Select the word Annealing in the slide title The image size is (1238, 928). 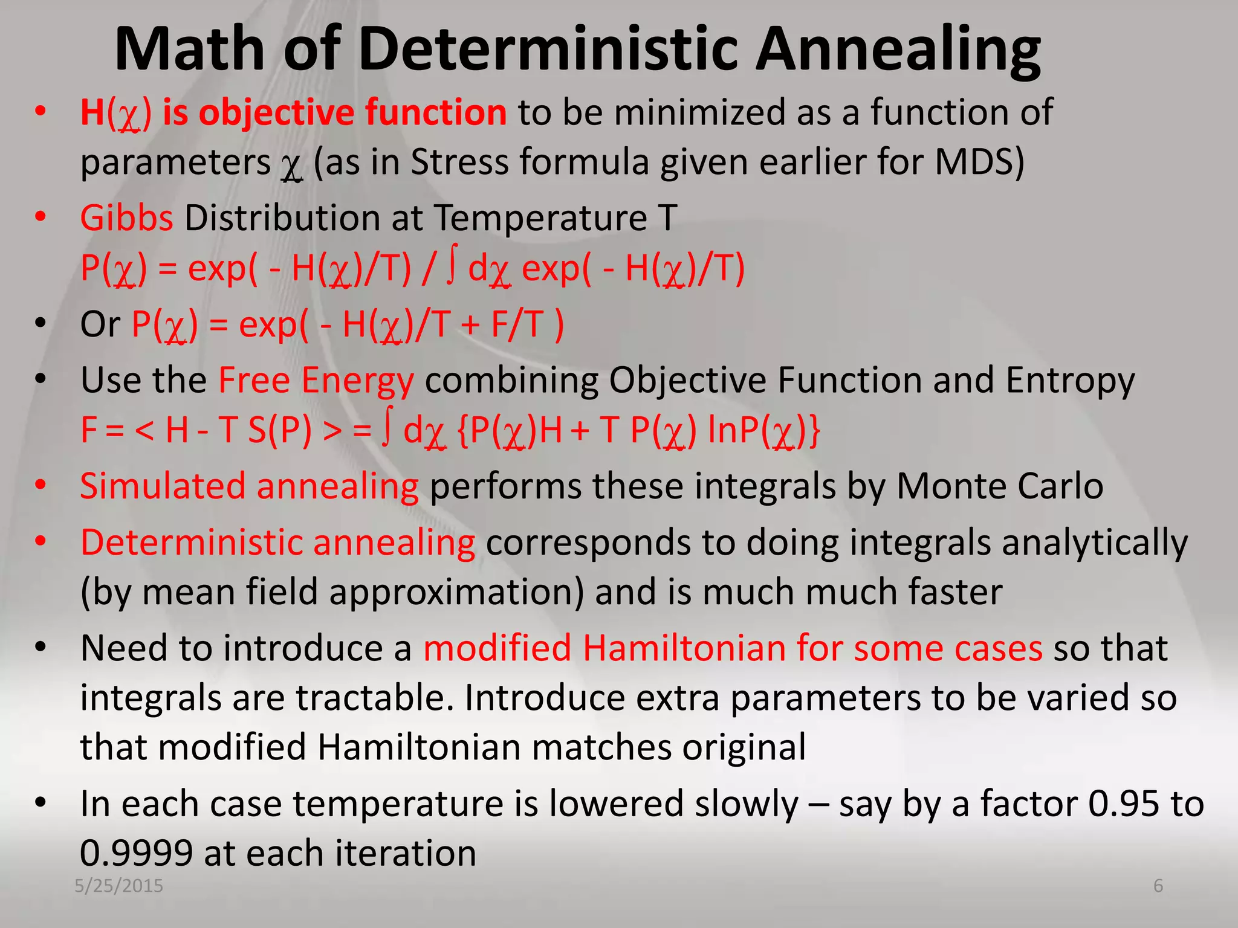click(898, 51)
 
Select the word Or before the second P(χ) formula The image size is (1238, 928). click(100, 324)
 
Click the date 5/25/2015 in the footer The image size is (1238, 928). click(118, 886)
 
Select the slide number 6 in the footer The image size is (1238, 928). click(1158, 886)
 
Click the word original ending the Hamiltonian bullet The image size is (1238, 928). click(744, 748)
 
